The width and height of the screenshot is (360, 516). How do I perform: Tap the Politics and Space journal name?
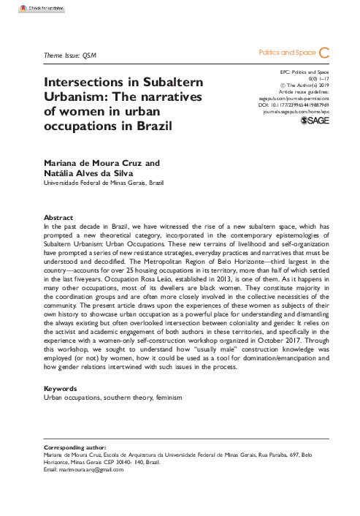pos(287,53)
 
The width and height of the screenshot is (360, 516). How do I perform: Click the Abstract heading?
pos(58,218)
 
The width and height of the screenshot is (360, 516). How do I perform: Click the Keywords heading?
pos(61,388)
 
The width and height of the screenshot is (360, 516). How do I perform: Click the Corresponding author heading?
pos(74,447)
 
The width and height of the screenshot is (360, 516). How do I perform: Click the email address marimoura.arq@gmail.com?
pos(92,469)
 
